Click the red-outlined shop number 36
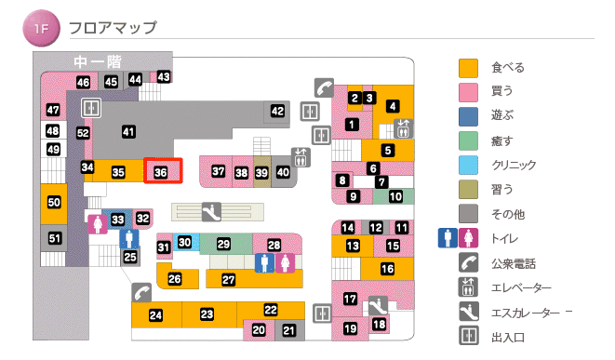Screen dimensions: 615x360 pyautogui.click(x=161, y=172)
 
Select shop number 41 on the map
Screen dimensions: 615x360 pyautogui.click(x=128, y=131)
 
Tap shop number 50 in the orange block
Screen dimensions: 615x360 pyautogui.click(x=54, y=202)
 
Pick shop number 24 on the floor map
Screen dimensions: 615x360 pyautogui.click(x=155, y=316)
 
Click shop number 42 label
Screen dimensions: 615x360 pyautogui.click(x=277, y=112)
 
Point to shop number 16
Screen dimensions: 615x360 pyautogui.click(x=387, y=269)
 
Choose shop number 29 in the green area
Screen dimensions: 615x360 pyautogui.click(x=223, y=244)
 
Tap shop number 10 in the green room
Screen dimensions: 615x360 pyautogui.click(x=395, y=196)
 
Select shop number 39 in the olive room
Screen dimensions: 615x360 pyautogui.click(x=261, y=172)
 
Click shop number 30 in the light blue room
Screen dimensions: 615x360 pyautogui.click(x=185, y=243)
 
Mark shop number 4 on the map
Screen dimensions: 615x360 pyautogui.click(x=394, y=106)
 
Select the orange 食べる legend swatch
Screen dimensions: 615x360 pyautogui.click(x=469, y=68)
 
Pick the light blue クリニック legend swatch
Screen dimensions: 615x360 pyautogui.click(x=469, y=166)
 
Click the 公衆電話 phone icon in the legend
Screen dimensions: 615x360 pyautogui.click(x=469, y=262)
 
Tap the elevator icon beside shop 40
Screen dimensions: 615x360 pyautogui.click(x=300, y=155)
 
